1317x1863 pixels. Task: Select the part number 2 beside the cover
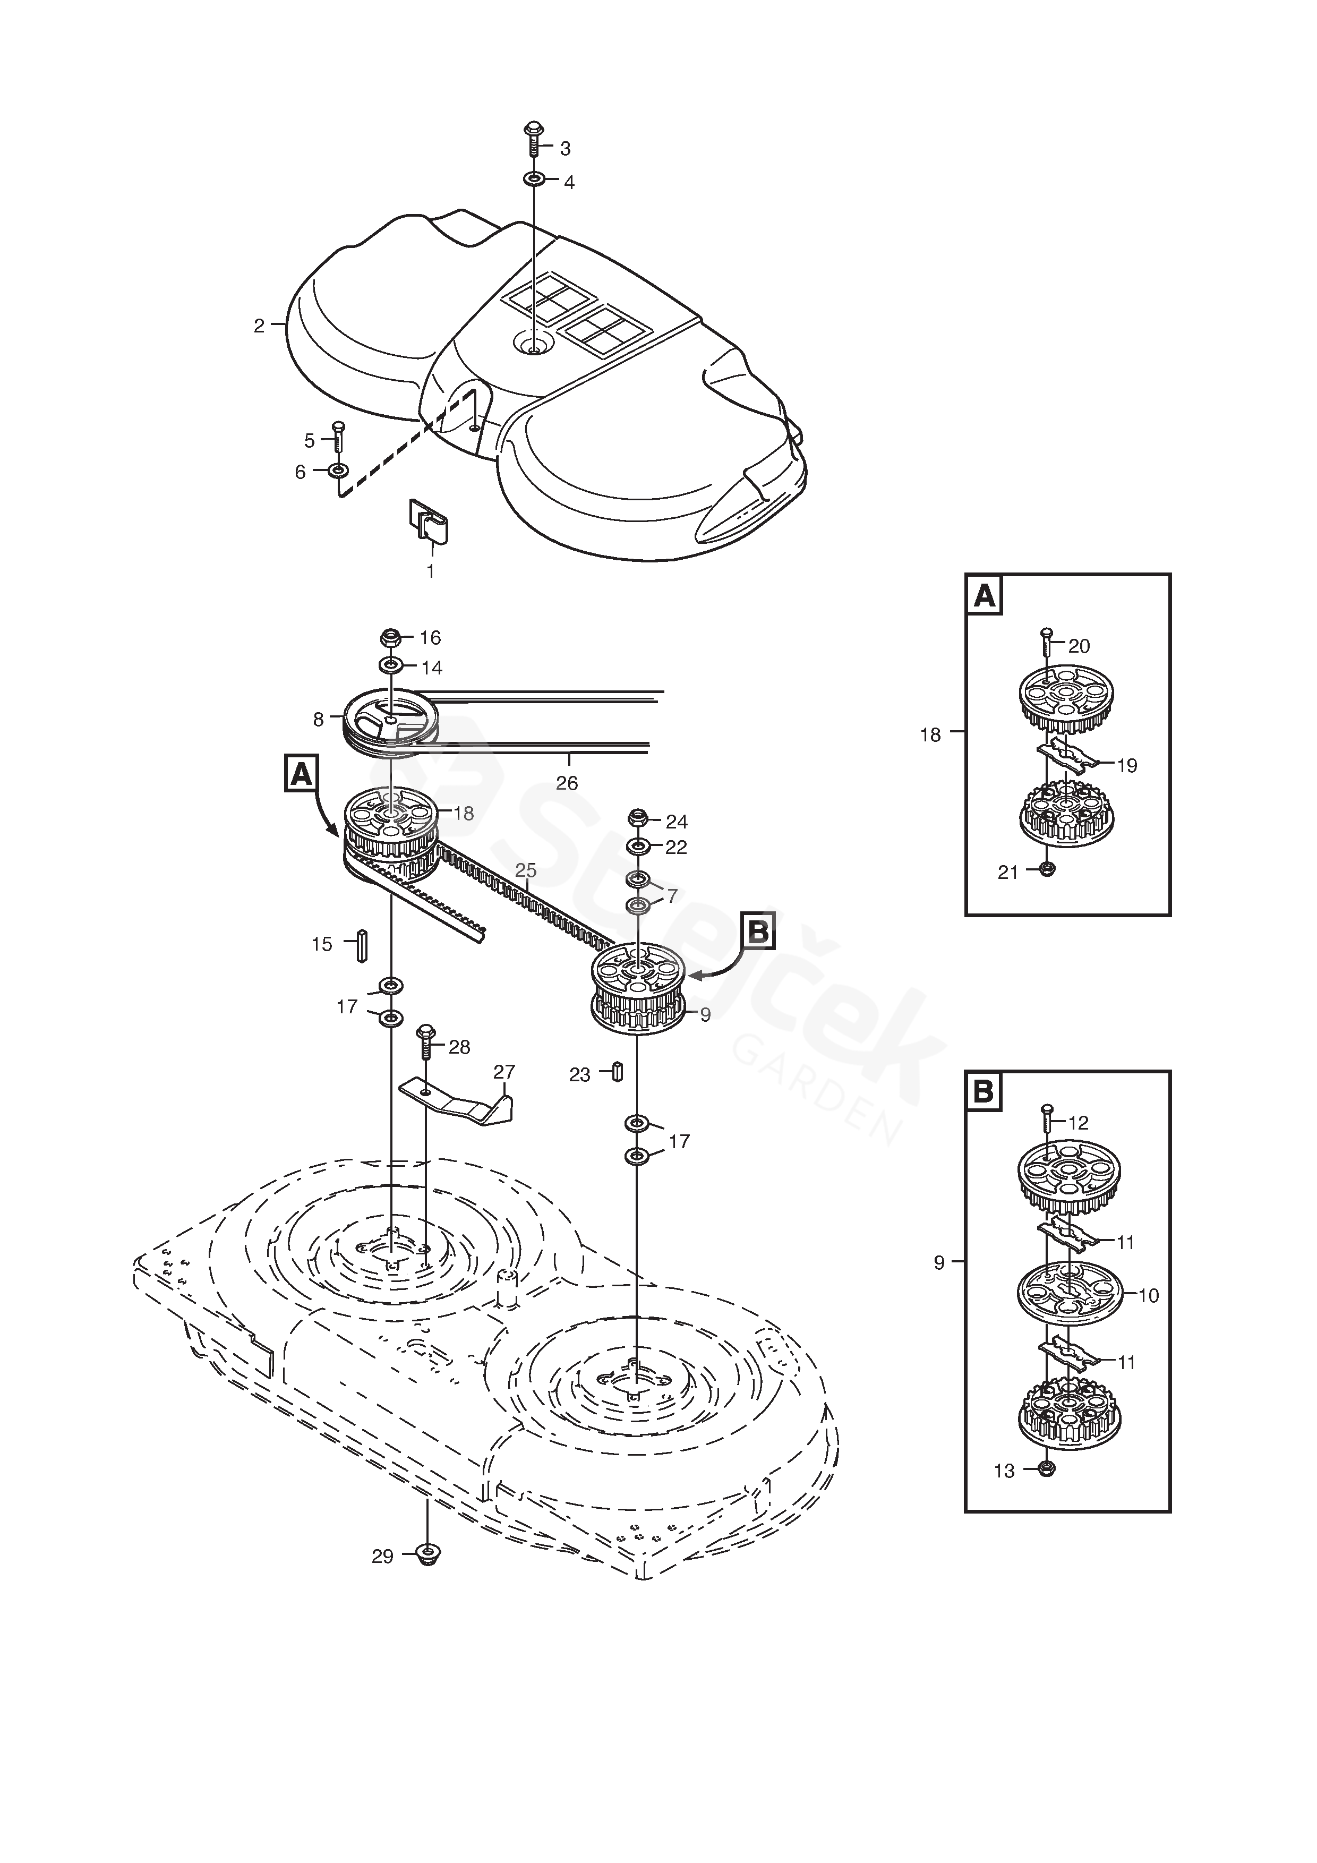pos(259,326)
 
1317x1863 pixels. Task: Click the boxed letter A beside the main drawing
pos(302,774)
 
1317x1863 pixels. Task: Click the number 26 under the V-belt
pos(567,783)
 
